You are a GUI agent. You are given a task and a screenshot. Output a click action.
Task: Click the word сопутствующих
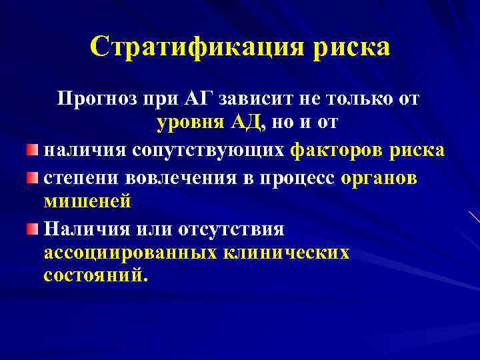coord(209,151)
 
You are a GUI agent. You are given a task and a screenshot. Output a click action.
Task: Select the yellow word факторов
coord(335,151)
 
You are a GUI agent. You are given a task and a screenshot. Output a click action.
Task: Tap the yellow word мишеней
coord(87,201)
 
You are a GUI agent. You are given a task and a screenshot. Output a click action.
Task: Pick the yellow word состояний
coord(93,275)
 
